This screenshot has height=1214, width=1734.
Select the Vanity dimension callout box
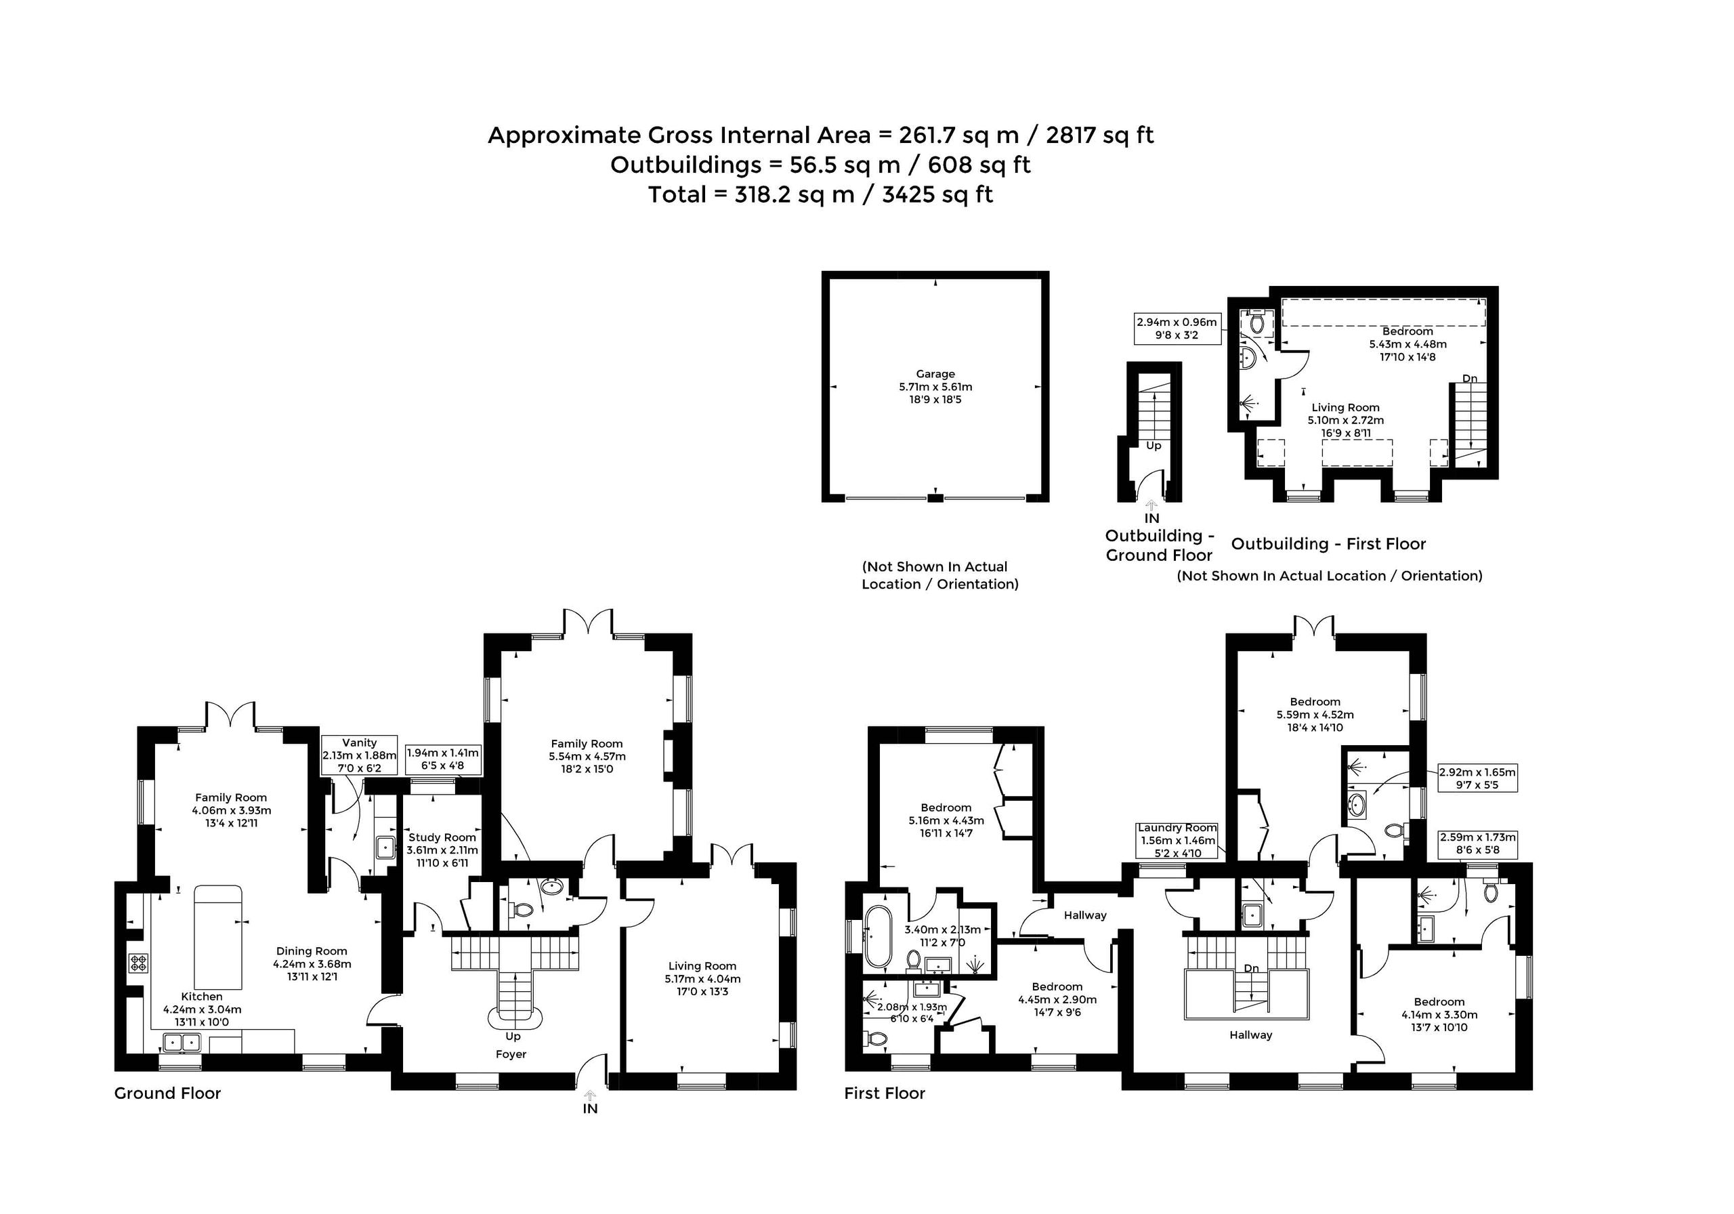360,755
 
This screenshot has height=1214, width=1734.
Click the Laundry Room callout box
1177,840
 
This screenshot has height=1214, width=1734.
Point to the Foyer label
511,1054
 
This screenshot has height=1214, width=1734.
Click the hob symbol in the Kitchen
138,963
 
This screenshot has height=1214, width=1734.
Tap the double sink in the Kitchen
180,1043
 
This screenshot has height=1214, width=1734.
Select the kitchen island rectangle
219,938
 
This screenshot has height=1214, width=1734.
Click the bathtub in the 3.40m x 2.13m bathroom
879,937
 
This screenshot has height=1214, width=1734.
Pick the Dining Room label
312,951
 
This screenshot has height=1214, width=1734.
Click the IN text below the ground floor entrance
590,1108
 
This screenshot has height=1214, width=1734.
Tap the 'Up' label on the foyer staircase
513,1036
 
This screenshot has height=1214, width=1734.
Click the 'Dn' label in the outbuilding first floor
1470,379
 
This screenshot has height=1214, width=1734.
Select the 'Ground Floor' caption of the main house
168,1093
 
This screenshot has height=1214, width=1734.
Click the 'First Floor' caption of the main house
885,1093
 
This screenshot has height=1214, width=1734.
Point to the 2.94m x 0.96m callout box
1177,328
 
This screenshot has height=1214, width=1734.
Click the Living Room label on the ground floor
702,965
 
